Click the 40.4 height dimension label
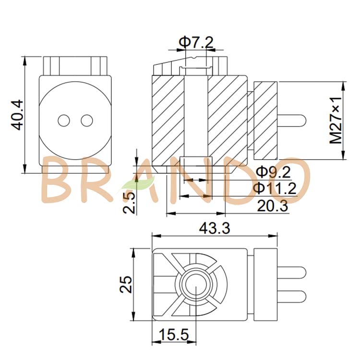pos(17,115)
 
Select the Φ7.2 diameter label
pos(196,42)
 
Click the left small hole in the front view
pos(63,120)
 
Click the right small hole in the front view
pos(86,120)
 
